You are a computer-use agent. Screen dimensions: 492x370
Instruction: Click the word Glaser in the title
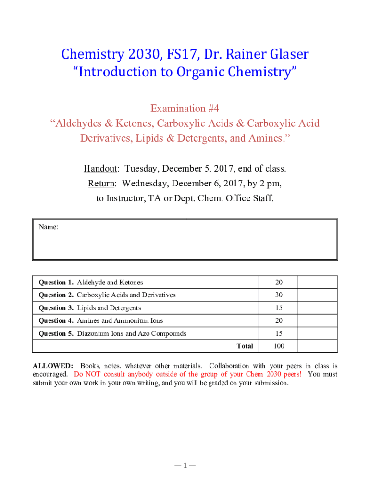[284, 54]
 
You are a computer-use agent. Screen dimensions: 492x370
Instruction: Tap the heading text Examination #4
[185, 108]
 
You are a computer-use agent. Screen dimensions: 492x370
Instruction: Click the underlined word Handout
[100, 169]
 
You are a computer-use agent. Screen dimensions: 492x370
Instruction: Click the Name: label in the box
[49, 227]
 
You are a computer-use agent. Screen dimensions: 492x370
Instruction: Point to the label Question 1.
[56, 283]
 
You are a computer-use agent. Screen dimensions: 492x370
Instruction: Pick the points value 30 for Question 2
[279, 295]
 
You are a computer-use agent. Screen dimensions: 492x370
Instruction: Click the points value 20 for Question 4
[279, 320]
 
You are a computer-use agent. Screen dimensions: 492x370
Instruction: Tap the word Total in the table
[245, 346]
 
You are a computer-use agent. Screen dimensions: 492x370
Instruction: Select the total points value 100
[279, 346]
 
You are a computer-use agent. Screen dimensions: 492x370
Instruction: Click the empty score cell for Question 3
[317, 308]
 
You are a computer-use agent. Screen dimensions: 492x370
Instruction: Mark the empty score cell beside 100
[317, 346]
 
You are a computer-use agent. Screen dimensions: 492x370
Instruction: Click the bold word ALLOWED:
[53, 366]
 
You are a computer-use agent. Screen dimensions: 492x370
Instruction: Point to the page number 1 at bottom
[185, 466]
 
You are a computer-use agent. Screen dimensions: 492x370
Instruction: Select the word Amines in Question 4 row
[88, 320]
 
